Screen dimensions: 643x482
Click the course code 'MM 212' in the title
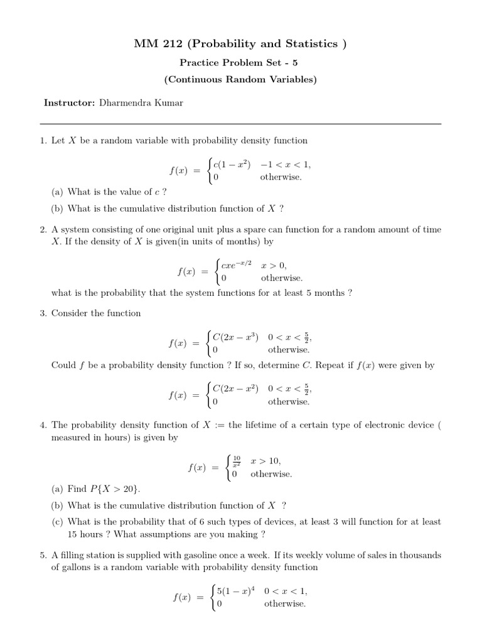pyautogui.click(x=154, y=43)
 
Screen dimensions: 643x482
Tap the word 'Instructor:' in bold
pyautogui.click(x=69, y=102)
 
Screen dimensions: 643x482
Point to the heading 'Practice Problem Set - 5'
pyautogui.click(x=240, y=63)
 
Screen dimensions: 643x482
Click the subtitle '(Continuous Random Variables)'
pyautogui.click(x=240, y=80)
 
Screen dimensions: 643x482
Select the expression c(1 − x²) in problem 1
pyautogui.click(x=232, y=165)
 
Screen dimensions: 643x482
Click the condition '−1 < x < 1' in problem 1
pyautogui.click(x=286, y=165)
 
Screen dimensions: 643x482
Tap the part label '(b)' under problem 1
pyautogui.click(x=58, y=208)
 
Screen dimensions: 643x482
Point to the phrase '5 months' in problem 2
pyautogui.click(x=320, y=293)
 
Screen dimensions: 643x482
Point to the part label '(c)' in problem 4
pyautogui.click(x=58, y=522)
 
